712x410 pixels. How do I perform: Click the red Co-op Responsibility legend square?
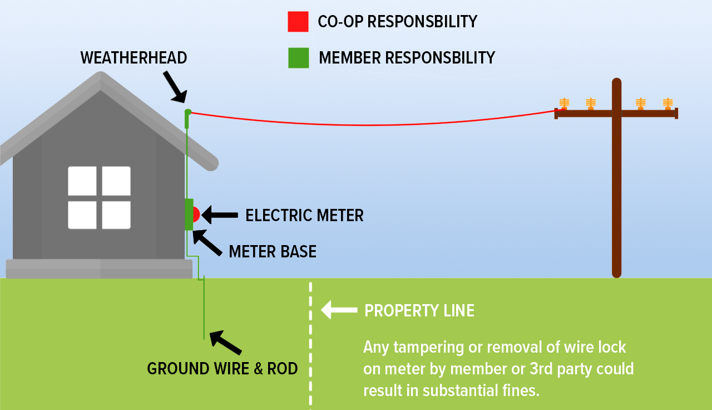pyautogui.click(x=298, y=22)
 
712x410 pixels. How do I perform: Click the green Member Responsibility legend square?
pyautogui.click(x=298, y=58)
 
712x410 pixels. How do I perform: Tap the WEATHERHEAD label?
pyautogui.click(x=133, y=58)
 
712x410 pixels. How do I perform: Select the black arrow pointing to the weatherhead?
pyautogui.click(x=174, y=86)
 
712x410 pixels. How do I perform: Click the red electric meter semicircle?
pyautogui.click(x=196, y=214)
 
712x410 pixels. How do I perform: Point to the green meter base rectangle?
pyautogui.click(x=189, y=214)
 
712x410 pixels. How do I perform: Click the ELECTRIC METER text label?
pyautogui.click(x=304, y=216)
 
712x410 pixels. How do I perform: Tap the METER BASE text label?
pyautogui.click(x=273, y=252)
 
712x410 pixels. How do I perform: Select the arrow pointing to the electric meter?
pyautogui.click(x=220, y=214)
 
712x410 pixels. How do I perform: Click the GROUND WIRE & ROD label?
pyautogui.click(x=222, y=369)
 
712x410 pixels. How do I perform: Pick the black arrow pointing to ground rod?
pyautogui.click(x=225, y=342)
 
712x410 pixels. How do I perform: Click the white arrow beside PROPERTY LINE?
pyautogui.click(x=339, y=310)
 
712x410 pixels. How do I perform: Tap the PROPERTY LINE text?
pyautogui.click(x=419, y=311)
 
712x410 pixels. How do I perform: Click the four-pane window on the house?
pyautogui.click(x=99, y=198)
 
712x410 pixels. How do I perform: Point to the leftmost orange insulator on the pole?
pyautogui.click(x=564, y=104)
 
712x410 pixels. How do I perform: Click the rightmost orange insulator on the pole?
pyautogui.click(x=667, y=104)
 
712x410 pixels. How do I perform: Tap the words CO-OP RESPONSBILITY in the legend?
pyautogui.click(x=397, y=22)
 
